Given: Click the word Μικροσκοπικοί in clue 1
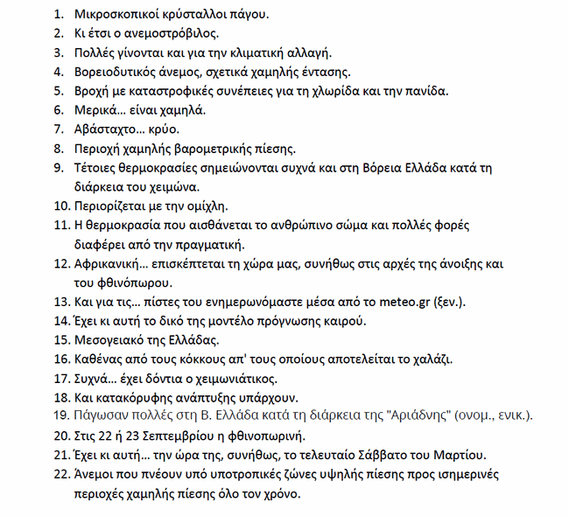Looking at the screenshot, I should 109,15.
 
